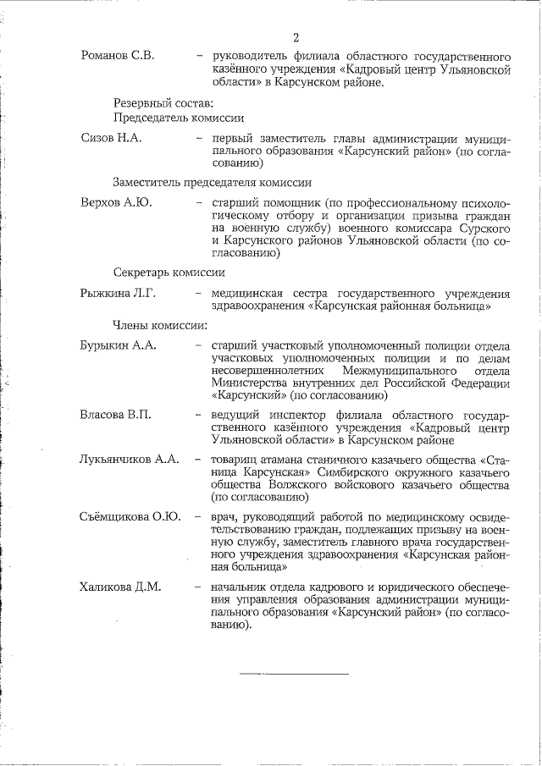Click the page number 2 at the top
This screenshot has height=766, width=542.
pos(296,37)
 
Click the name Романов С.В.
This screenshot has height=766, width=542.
pos(117,56)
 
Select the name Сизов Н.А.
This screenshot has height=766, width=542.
pos(110,138)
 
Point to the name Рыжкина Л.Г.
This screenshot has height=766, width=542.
pos(118,293)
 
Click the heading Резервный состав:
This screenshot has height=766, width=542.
pos(159,103)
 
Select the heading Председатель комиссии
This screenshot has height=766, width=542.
pos(179,118)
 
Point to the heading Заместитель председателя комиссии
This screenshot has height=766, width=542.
pos(213,182)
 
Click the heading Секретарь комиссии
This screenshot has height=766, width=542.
pos(169,273)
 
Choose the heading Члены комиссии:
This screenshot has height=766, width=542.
pos(160,324)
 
